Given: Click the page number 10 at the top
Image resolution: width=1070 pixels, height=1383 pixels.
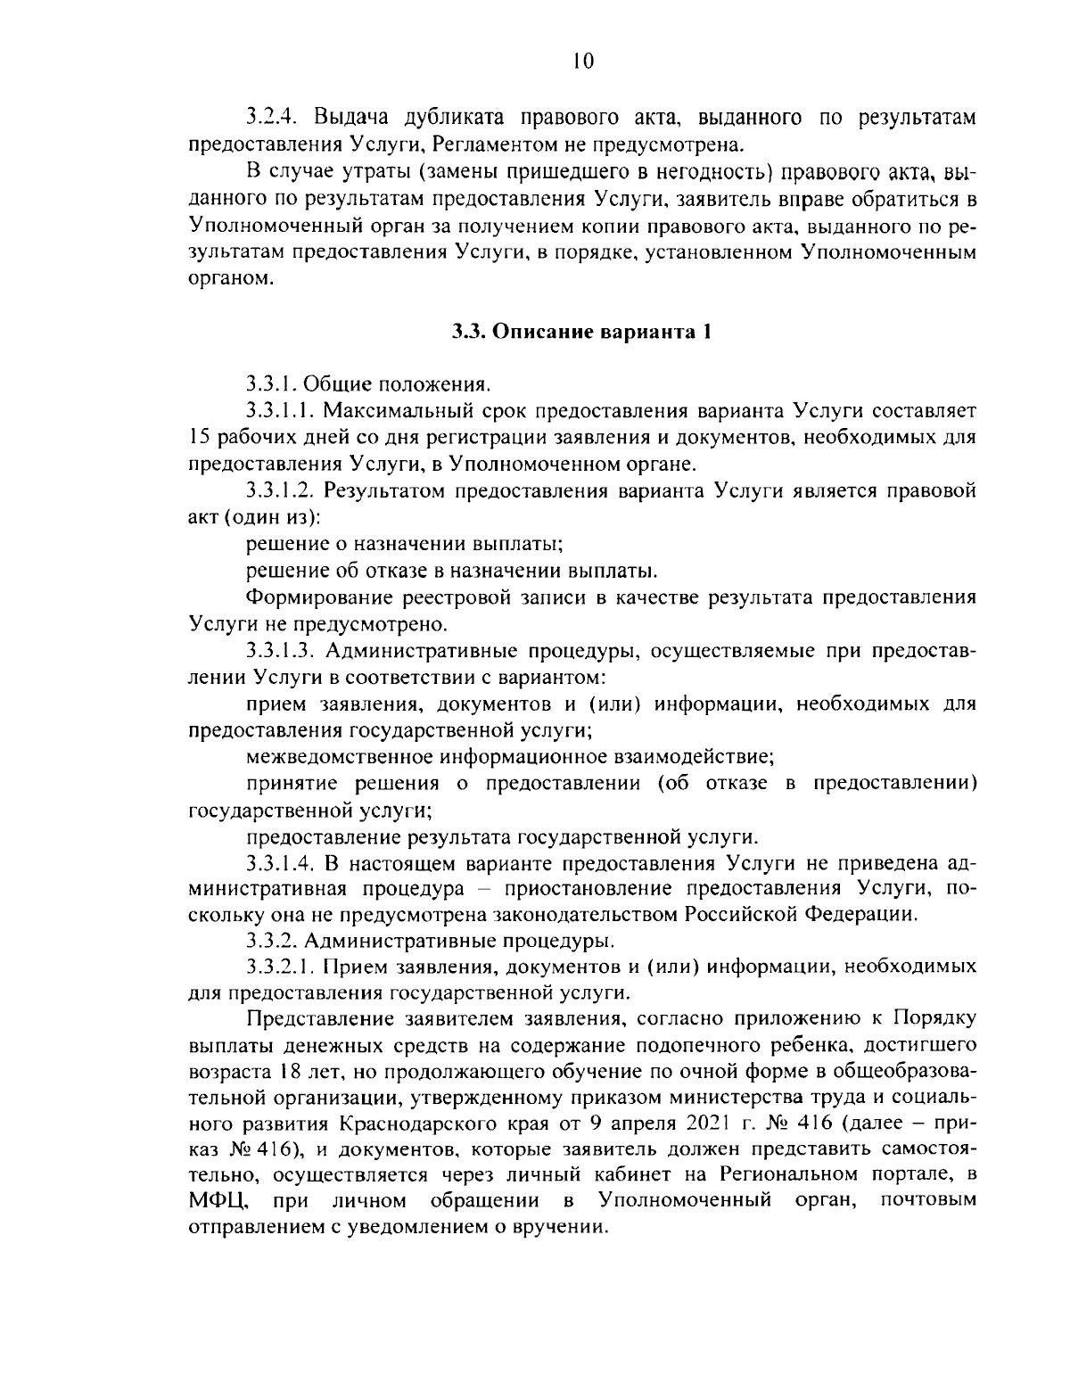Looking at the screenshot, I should (582, 61).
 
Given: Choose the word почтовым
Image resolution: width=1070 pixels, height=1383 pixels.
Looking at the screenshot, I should (927, 1200).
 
